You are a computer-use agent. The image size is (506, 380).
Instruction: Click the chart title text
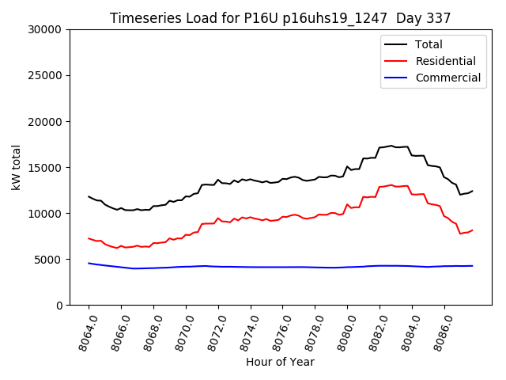point(280,18)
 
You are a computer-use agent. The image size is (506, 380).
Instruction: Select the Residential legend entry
point(445,61)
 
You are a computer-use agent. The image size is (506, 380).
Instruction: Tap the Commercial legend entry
point(447,78)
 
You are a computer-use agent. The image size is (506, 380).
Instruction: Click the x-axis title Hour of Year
point(280,362)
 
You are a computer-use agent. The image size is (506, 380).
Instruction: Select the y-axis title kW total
point(16,167)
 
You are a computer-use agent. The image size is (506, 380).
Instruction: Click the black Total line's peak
point(391,146)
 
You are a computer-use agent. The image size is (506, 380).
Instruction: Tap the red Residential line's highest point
point(391,184)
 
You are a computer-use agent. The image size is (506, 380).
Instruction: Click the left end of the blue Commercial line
point(89,263)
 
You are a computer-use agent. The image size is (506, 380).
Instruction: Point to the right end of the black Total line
point(473,191)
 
